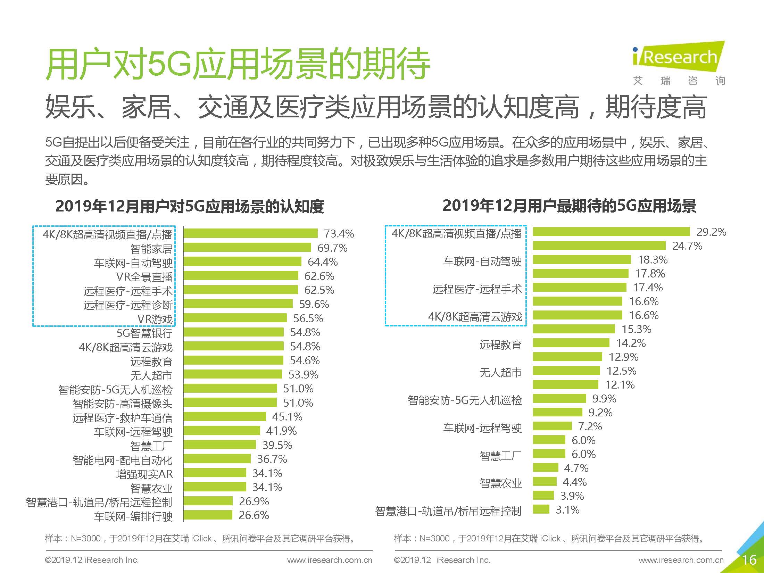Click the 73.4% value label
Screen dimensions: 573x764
coord(339,234)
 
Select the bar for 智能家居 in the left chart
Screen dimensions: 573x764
coord(247,248)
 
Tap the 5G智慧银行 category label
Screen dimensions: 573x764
coord(144,333)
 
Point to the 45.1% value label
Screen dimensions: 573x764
coord(287,417)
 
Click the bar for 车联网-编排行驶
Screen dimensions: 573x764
coord(208,515)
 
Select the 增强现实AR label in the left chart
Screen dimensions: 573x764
coord(144,474)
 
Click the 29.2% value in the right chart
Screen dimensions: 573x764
coord(711,232)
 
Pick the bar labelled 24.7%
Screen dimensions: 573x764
coord(599,246)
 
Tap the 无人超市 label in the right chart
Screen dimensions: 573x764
coord(500,373)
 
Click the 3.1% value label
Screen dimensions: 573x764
coord(567,510)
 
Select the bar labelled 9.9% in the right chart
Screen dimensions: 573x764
coord(559,398)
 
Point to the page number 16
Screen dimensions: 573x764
coord(749,560)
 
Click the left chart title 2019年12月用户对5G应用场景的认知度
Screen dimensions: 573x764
coord(190,207)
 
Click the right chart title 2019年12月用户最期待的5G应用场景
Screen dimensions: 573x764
coord(569,206)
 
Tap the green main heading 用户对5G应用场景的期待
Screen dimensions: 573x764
coord(238,65)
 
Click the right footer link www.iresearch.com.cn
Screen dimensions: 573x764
coord(681,560)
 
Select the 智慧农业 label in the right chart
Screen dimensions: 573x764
coord(500,483)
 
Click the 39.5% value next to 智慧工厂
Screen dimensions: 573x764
coord(277,445)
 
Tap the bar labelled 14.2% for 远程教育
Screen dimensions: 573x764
coord(571,343)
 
